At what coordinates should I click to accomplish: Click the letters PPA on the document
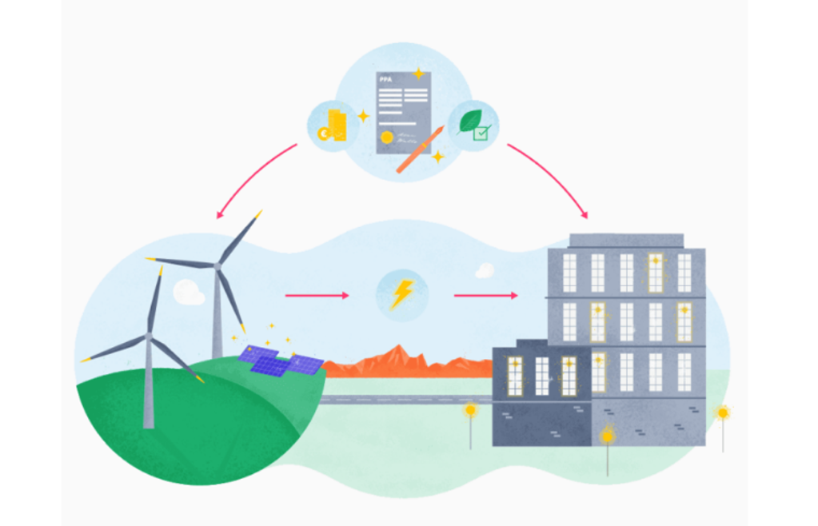click(x=386, y=81)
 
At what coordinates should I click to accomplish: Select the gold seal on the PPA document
click(x=388, y=137)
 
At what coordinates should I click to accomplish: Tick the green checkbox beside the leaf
click(x=481, y=133)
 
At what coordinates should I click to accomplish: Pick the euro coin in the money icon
click(x=324, y=133)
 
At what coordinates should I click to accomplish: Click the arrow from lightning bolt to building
click(x=485, y=295)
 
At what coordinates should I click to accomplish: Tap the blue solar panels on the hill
click(x=279, y=361)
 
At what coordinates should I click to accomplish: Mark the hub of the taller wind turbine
click(x=216, y=265)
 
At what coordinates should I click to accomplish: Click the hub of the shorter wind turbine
click(x=148, y=337)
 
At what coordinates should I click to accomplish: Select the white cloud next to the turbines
click(x=190, y=293)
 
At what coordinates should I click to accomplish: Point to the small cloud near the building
click(x=485, y=271)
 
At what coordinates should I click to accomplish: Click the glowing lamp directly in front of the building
click(x=607, y=436)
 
